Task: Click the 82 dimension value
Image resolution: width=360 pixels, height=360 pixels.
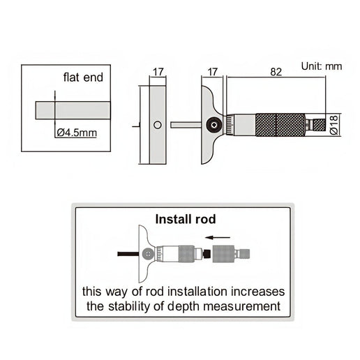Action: click(x=276, y=72)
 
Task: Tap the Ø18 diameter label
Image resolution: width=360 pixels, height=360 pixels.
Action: click(x=334, y=125)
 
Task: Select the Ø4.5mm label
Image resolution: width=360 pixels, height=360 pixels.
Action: click(x=77, y=133)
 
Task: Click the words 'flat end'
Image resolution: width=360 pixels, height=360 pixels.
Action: click(x=83, y=77)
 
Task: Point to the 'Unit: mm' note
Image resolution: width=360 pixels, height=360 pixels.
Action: click(x=322, y=66)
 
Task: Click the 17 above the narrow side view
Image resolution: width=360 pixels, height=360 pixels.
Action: click(x=158, y=72)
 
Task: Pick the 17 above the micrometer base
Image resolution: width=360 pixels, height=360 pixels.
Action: click(x=212, y=72)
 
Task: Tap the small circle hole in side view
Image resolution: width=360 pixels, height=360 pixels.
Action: click(x=158, y=125)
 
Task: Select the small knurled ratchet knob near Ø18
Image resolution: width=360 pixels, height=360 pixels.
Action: click(x=320, y=125)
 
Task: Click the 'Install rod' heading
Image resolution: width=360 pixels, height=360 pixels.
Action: click(x=186, y=219)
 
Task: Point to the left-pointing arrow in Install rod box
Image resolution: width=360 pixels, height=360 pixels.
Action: click(x=218, y=237)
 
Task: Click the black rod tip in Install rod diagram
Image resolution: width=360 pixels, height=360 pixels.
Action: click(x=207, y=254)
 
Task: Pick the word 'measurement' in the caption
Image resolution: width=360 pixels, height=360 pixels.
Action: click(x=241, y=306)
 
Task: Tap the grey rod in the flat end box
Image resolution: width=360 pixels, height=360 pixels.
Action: click(x=73, y=110)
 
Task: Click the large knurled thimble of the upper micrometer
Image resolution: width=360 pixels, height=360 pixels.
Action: click(x=280, y=125)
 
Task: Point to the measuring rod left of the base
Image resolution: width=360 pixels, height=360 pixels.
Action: click(x=186, y=125)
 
